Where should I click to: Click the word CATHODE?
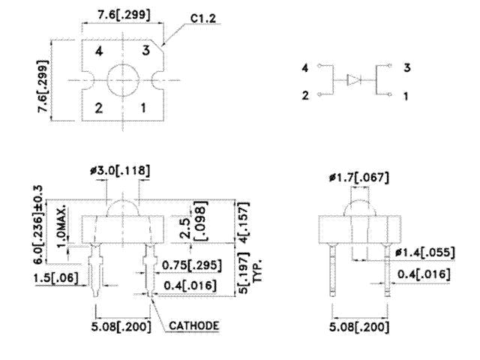(193, 326)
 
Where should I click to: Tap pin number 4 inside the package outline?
(99, 53)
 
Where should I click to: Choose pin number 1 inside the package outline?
(144, 106)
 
